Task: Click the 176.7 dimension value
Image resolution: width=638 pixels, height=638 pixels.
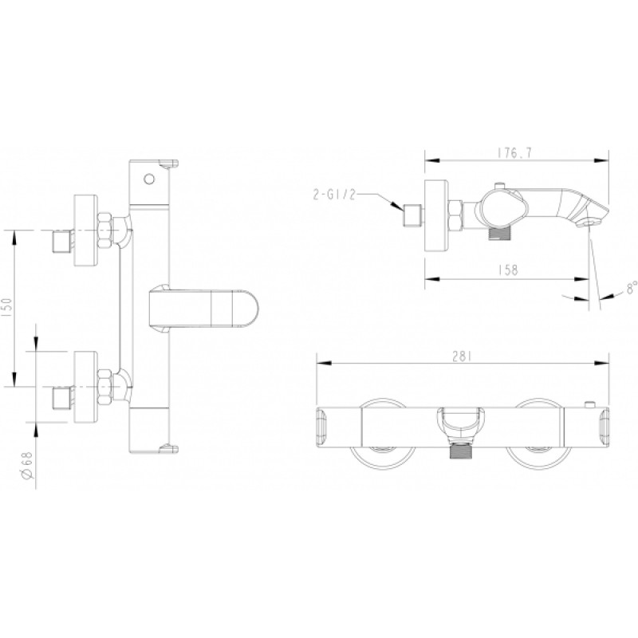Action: [x=514, y=153]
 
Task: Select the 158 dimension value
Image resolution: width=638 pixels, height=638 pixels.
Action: [x=508, y=270]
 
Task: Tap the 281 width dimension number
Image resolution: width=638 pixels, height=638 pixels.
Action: [x=462, y=356]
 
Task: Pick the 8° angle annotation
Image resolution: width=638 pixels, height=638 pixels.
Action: [x=631, y=287]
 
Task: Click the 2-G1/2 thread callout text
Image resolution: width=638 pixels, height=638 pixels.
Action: [x=334, y=195]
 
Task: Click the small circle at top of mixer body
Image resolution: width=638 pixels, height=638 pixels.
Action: [x=149, y=179]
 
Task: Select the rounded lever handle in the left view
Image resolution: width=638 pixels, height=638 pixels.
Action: [x=203, y=308]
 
